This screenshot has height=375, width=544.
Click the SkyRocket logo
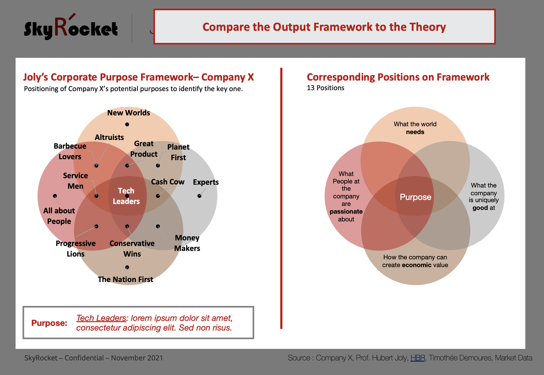pyautogui.click(x=71, y=27)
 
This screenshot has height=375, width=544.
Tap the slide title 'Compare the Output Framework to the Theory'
pyautogui.click(x=324, y=27)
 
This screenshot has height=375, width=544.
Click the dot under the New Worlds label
pyautogui.click(x=127, y=124)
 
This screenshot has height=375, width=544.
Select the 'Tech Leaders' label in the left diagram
pyautogui.click(x=126, y=196)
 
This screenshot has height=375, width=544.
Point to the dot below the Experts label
pyautogui.click(x=199, y=196)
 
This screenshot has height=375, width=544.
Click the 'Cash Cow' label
pyautogui.click(x=168, y=182)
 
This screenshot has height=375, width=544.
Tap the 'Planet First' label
pyautogui.click(x=178, y=152)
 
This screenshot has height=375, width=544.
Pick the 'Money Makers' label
pyautogui.click(x=187, y=243)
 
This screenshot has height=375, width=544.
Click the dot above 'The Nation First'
pyautogui.click(x=127, y=267)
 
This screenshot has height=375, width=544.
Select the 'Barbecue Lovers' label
pyautogui.click(x=70, y=151)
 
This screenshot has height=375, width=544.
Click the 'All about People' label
pyautogui.click(x=59, y=216)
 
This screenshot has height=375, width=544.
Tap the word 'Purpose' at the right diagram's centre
pyautogui.click(x=415, y=197)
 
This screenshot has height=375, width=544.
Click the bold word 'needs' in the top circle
pyautogui.click(x=415, y=132)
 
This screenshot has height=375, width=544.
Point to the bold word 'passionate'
pyautogui.click(x=346, y=211)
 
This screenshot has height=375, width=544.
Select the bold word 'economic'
pyautogui.click(x=416, y=265)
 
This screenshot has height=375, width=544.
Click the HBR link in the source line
pyautogui.click(x=418, y=358)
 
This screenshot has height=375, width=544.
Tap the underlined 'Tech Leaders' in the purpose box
pyautogui.click(x=101, y=318)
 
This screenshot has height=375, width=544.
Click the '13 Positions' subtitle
pyautogui.click(x=326, y=88)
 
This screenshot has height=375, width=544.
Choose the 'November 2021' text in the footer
pyautogui.click(x=137, y=358)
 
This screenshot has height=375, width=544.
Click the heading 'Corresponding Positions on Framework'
pyautogui.click(x=398, y=77)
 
